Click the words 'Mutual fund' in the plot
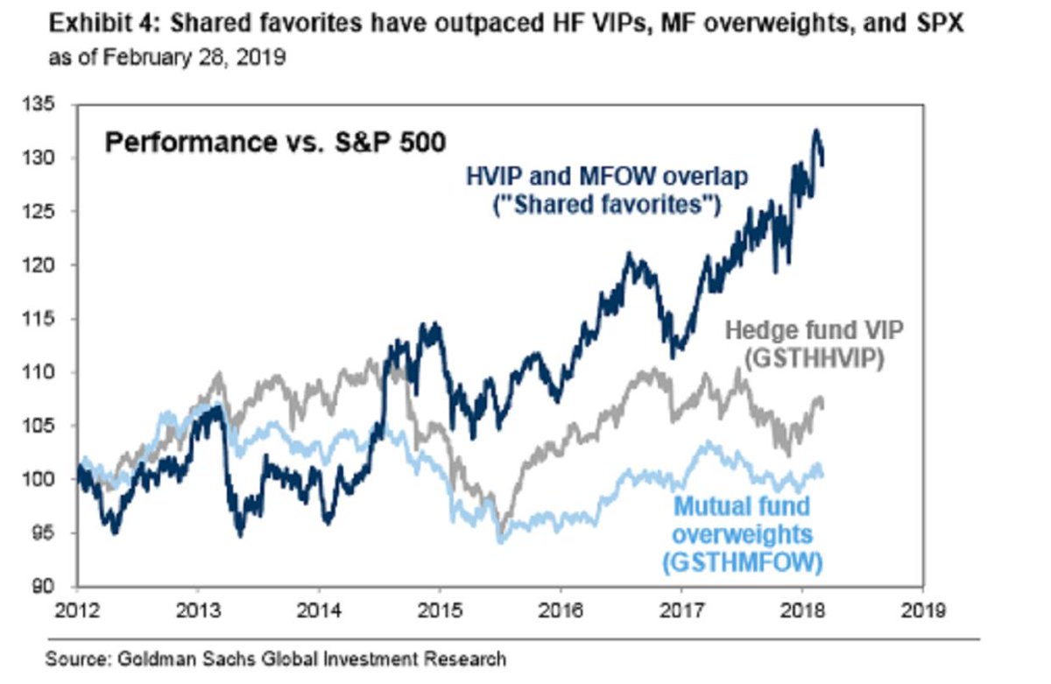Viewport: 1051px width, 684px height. pos(741,505)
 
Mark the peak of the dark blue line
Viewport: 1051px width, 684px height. pos(816,130)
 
